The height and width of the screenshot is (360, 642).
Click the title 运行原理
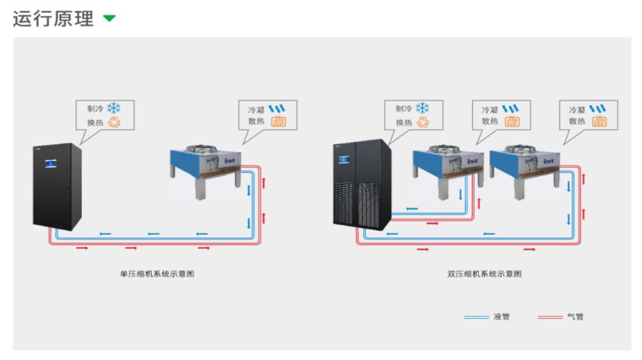pyautogui.click(x=53, y=19)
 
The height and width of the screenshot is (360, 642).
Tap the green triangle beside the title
pyautogui.click(x=109, y=18)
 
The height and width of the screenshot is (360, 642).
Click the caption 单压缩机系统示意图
pyautogui.click(x=157, y=273)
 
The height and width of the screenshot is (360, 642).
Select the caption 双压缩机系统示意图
pyautogui.click(x=485, y=273)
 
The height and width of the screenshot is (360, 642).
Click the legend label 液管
pyautogui.click(x=501, y=317)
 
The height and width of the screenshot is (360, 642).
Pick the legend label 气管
pyautogui.click(x=575, y=317)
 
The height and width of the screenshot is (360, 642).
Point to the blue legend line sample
pyautogui.click(x=476, y=317)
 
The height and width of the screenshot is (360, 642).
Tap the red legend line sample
pyautogui.click(x=550, y=317)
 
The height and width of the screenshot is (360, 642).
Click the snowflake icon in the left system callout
pyautogui.click(x=113, y=108)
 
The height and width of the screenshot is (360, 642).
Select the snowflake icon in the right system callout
pyautogui.click(x=422, y=108)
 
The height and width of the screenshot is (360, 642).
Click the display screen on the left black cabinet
pyautogui.click(x=51, y=164)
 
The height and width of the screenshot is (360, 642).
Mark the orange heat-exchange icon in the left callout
pyautogui.click(x=113, y=122)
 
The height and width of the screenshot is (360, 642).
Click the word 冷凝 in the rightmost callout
pyautogui.click(x=577, y=110)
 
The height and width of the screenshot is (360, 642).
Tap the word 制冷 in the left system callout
pyautogui.click(x=94, y=109)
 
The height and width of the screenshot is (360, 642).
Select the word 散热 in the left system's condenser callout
pyautogui.click(x=256, y=122)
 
